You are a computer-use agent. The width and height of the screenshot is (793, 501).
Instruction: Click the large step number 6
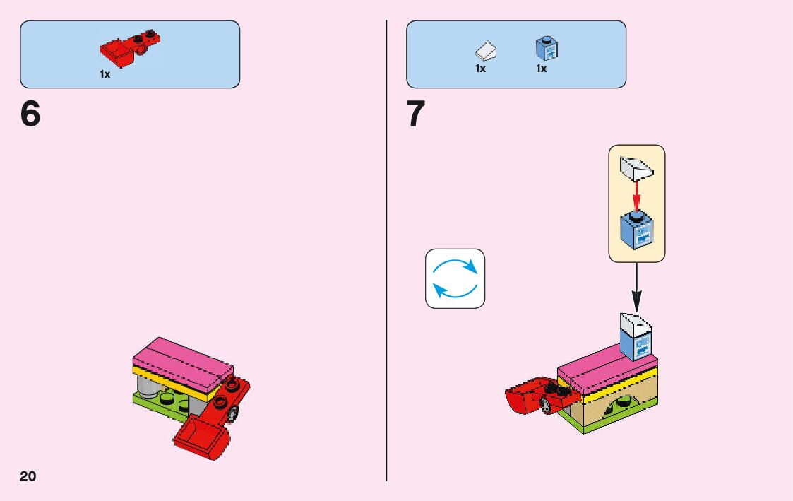30,114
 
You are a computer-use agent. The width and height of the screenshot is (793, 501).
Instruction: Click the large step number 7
416,114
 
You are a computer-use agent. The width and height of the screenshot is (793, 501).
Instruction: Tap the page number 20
28,476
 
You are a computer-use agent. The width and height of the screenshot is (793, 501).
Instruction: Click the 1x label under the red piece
105,74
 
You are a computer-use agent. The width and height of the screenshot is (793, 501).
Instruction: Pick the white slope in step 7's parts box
486,51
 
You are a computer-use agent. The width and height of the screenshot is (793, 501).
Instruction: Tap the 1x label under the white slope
480,69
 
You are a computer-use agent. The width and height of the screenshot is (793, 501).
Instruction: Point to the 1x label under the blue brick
542,69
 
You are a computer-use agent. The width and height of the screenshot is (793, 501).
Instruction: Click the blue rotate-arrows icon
455,278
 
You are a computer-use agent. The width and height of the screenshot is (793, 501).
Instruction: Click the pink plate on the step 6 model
182,358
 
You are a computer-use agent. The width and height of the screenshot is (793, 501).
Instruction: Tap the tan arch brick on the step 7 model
621,410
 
